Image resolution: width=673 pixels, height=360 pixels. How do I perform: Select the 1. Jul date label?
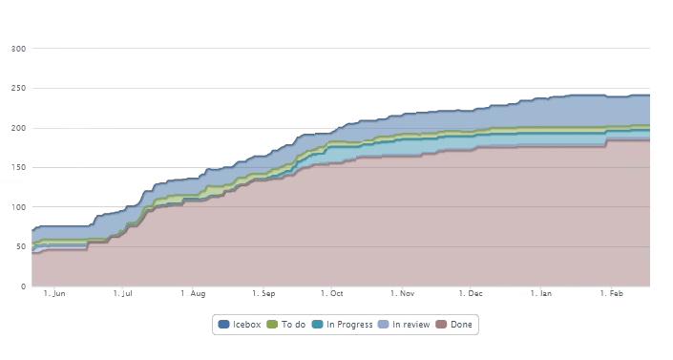122,294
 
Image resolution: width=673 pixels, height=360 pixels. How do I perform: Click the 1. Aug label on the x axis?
194,294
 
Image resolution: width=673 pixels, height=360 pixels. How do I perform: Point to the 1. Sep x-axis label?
263,294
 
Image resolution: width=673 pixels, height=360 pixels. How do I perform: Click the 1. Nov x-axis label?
401,294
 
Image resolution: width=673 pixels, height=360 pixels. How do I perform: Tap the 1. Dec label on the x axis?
471,294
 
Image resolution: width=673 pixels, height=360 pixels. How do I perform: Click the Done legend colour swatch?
441,325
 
